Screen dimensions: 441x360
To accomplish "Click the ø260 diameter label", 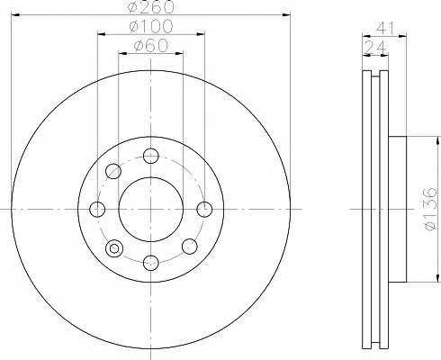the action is tap(151, 6).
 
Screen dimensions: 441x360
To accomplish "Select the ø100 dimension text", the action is tap(151, 26).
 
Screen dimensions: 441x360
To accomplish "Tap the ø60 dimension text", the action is tap(151, 46).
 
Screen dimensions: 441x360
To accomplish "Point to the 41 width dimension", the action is tap(385, 28).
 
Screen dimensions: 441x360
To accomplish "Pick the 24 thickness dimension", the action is tap(375, 47).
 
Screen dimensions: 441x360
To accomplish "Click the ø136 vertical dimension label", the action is tap(431, 209).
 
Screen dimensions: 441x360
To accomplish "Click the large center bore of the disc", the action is tap(151, 209).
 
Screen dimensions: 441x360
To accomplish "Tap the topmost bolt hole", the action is tap(151, 156).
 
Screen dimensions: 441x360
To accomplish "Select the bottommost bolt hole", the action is tap(151, 263).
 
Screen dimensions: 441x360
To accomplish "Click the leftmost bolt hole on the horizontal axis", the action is tap(97, 209).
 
